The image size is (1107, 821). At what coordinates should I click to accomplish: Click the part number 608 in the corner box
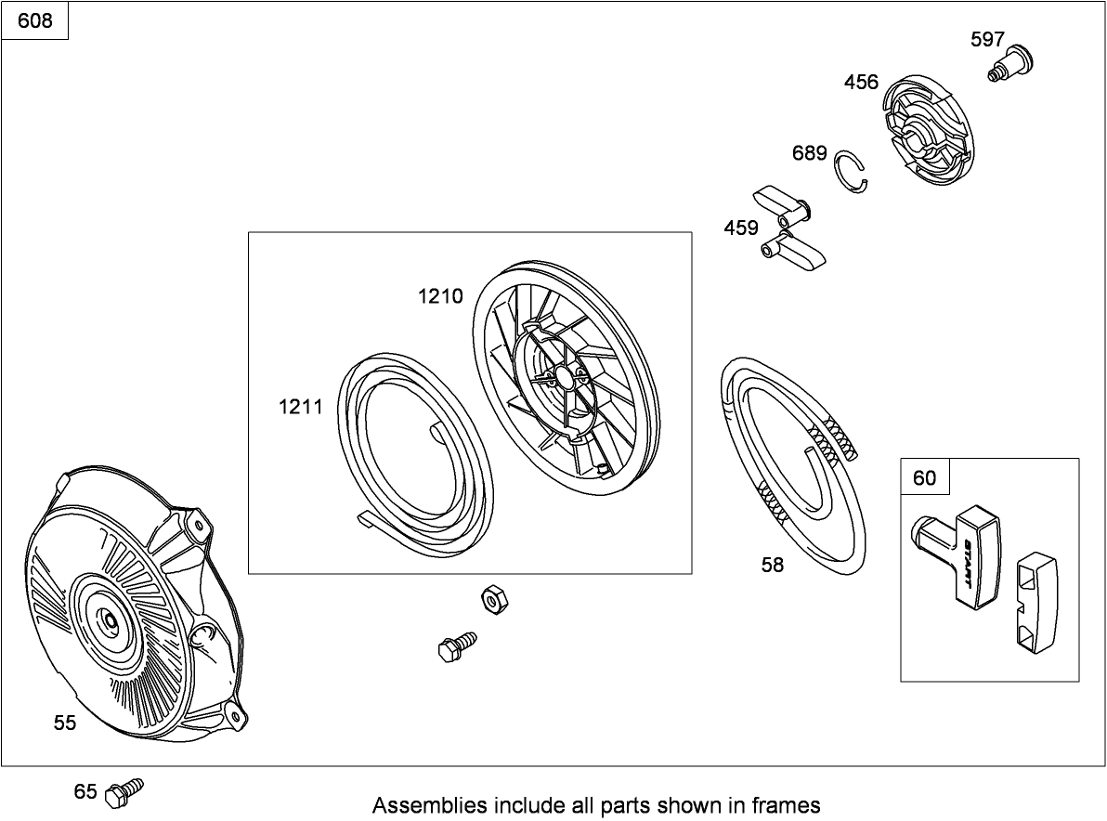click(x=34, y=21)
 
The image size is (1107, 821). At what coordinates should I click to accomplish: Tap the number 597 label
click(x=987, y=40)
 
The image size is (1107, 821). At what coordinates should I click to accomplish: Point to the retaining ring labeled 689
click(x=852, y=171)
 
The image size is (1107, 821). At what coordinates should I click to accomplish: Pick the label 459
click(x=740, y=228)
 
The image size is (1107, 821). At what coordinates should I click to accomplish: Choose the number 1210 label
click(x=440, y=295)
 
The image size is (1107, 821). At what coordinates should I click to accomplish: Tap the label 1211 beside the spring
click(x=301, y=407)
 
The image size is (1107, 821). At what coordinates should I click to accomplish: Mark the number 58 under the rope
click(x=773, y=565)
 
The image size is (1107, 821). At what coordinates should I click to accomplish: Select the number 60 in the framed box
click(x=924, y=478)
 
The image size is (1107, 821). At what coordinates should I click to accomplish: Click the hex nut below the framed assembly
click(x=495, y=600)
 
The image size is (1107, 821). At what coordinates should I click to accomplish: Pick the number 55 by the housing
click(x=64, y=723)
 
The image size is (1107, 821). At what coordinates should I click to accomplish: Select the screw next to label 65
click(x=124, y=793)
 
